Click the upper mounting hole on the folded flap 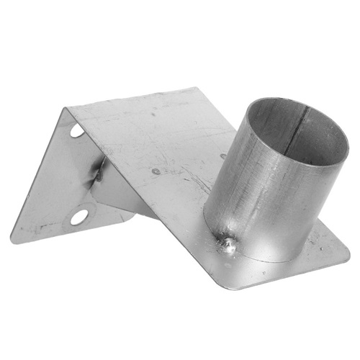77,131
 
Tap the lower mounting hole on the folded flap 78,216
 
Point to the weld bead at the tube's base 229,246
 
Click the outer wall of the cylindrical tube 252,194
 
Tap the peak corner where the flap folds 66,109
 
